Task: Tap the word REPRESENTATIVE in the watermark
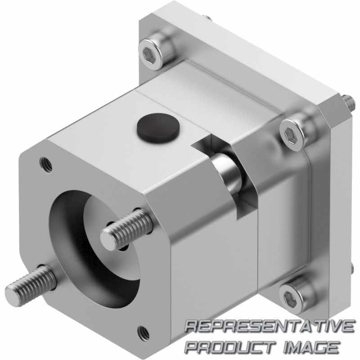(x=270, y=326)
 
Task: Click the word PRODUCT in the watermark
(x=230, y=346)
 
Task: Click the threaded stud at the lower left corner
(x=30, y=284)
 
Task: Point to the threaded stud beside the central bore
(x=127, y=230)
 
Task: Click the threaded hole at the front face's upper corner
(x=46, y=164)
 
